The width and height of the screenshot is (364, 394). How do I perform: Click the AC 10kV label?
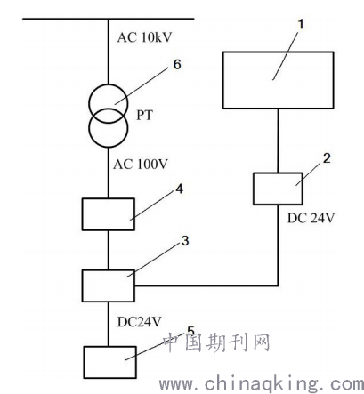tap(144, 37)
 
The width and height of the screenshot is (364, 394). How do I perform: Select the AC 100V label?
tap(141, 164)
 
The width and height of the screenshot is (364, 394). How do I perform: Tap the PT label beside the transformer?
tap(144, 115)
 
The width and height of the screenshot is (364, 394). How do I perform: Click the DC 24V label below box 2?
tap(311, 218)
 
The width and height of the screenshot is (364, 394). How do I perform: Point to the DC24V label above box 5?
tap(140, 322)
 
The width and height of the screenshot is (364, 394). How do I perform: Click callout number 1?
tap(301, 24)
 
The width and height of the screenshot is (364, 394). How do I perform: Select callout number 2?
tap(327, 158)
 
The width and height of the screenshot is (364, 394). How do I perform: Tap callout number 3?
tap(185, 241)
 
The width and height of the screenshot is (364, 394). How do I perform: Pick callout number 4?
tap(180, 189)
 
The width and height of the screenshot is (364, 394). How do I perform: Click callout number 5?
tap(190, 331)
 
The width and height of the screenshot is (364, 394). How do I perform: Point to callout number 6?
tap(177, 64)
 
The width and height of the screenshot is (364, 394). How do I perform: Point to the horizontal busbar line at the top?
tap(109, 19)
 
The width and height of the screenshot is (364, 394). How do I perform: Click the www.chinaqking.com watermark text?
tap(262, 384)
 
